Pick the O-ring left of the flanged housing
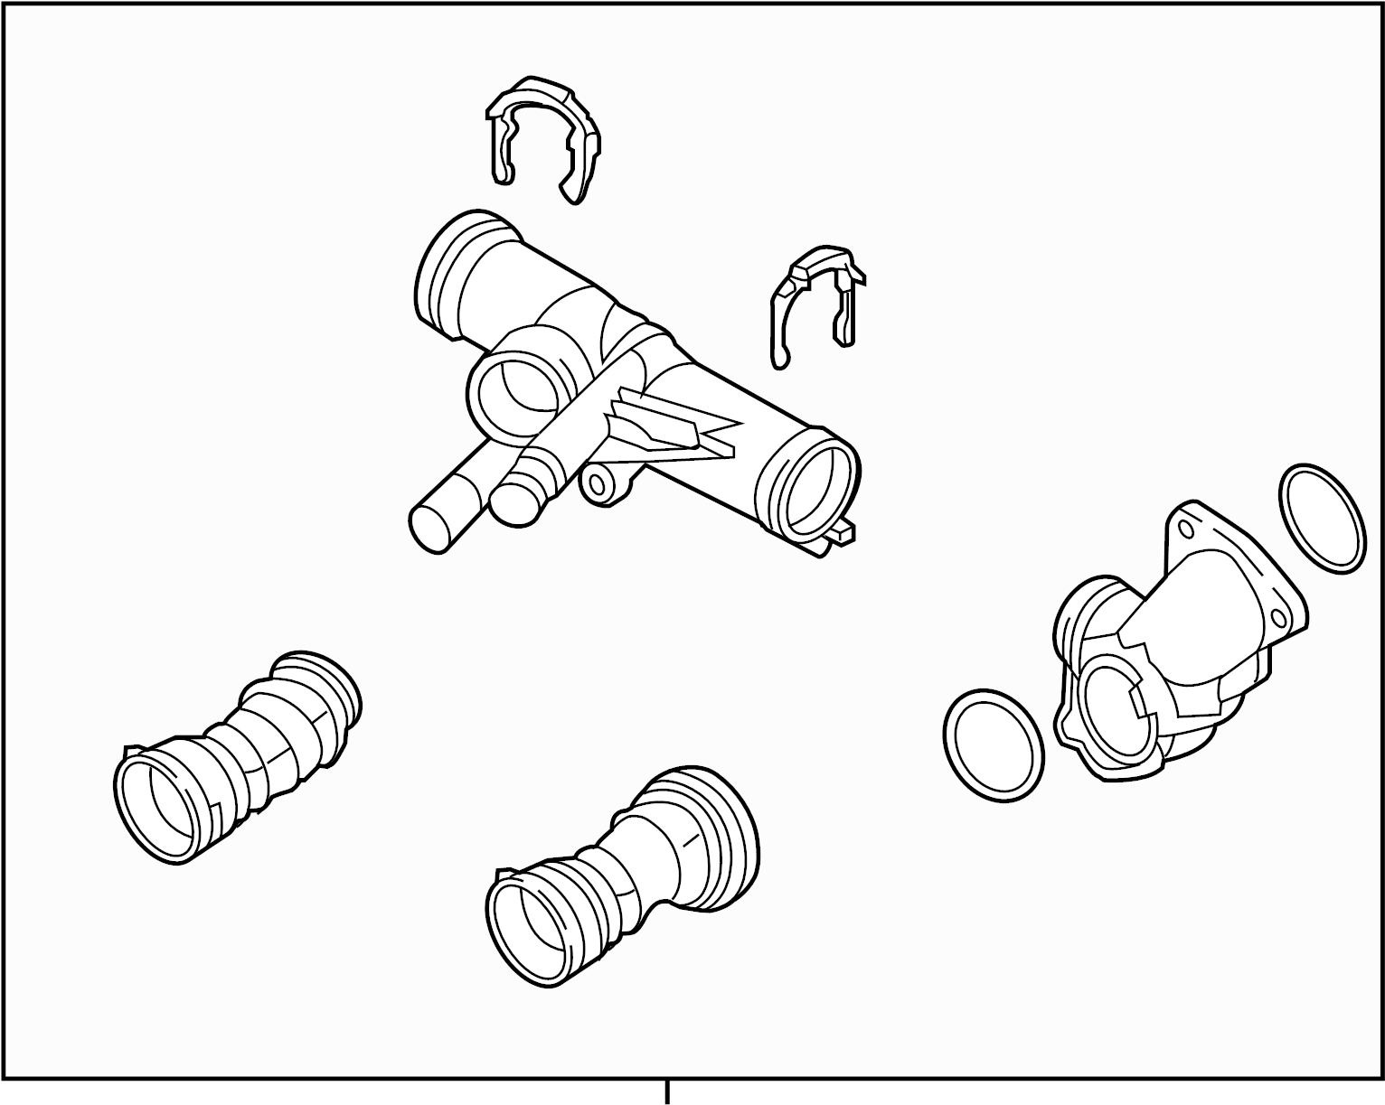[x=993, y=746]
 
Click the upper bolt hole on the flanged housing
[x=1182, y=526]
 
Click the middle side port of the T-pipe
[x=512, y=395]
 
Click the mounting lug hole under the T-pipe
[x=598, y=485]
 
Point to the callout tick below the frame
[x=667, y=1091]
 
